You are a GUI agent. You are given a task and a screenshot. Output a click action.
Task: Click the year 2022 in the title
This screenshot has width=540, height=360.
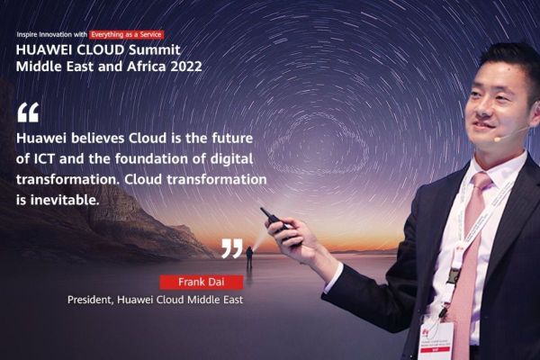click(184, 66)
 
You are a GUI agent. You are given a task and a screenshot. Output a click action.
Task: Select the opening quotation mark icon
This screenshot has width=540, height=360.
click(28, 112)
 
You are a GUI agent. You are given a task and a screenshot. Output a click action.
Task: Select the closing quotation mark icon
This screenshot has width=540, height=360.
click(231, 248)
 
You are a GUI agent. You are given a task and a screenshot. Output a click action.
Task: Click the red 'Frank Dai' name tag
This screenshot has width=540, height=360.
click(188, 282)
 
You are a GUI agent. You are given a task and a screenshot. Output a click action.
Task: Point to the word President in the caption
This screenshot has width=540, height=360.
click(91, 299)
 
